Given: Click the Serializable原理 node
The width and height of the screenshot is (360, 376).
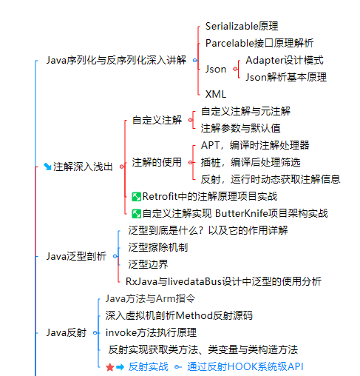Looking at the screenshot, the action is [242, 26].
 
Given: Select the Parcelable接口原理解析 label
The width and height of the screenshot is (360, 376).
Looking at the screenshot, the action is [259, 43].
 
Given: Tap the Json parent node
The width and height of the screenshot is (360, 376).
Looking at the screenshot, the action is [216, 69].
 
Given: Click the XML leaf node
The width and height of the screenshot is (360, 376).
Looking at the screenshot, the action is [216, 94].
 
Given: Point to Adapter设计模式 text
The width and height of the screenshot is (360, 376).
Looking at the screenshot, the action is [285, 60].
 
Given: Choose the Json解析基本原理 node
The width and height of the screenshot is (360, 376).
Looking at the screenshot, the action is [286, 77].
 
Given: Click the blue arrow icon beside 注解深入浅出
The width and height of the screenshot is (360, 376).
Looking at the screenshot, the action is [47, 167].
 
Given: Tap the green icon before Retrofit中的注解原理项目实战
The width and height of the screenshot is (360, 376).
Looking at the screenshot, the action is [136, 197].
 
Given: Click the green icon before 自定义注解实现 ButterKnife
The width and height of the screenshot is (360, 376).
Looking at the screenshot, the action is [136, 214].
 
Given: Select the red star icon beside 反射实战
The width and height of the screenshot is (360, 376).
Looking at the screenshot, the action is [109, 367].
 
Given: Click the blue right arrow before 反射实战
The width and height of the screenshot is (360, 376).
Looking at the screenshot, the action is [120, 367].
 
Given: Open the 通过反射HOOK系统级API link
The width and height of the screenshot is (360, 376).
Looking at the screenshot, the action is [245, 366].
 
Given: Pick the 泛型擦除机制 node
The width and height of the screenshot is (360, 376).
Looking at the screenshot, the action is [158, 247].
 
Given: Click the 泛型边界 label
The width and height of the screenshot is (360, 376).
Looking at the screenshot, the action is [148, 264].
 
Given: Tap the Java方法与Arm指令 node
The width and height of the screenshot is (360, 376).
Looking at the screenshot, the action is [150, 298].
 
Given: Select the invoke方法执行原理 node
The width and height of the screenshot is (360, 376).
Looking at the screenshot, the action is [151, 332].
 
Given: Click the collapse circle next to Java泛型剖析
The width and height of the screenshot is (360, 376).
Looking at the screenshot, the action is [115, 256].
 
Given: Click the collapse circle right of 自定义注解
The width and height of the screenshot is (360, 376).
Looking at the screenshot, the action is [190, 120].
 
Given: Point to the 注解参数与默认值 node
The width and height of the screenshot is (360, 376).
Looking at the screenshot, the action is [240, 128].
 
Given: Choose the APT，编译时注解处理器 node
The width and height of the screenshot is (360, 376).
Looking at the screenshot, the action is [255, 145].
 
